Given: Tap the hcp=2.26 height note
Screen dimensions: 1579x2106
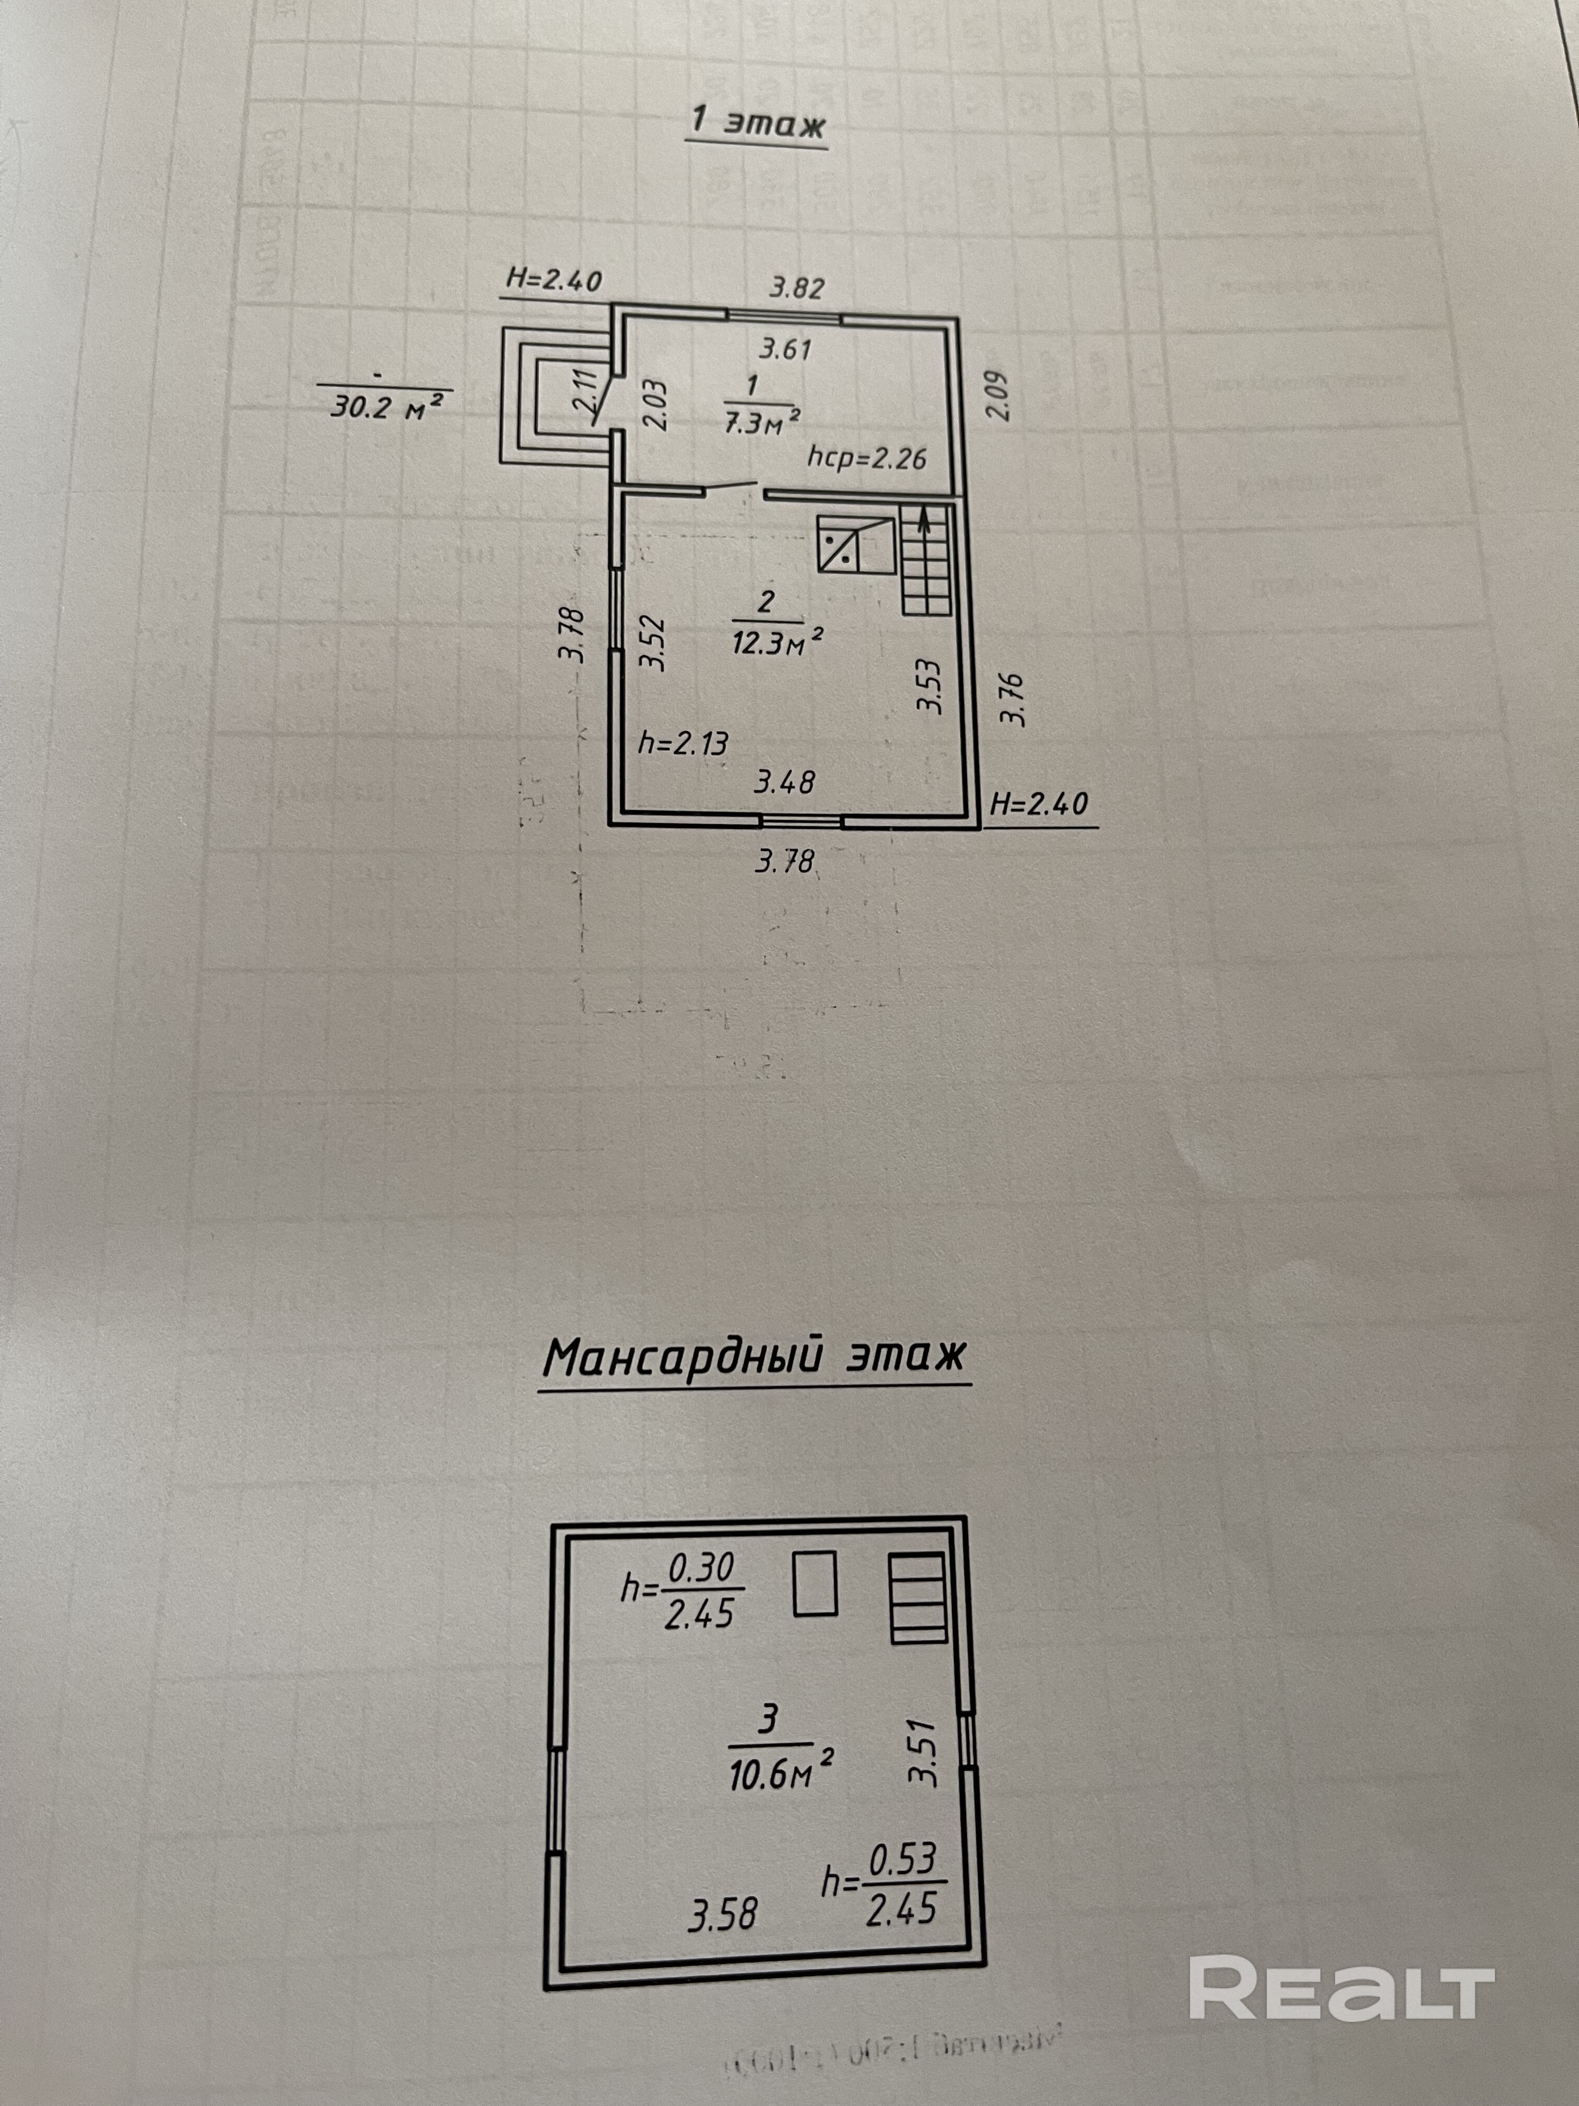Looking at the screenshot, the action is coord(866,459).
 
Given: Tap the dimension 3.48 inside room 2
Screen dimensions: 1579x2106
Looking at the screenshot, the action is coord(784,782).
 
